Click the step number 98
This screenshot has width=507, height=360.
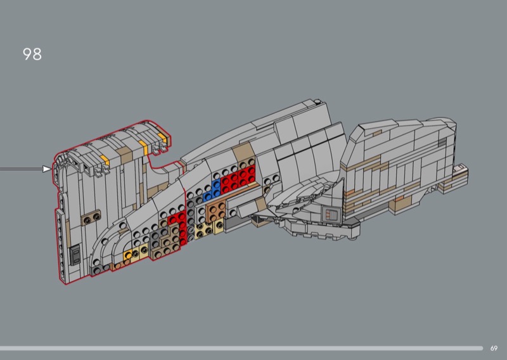click(x=32, y=55)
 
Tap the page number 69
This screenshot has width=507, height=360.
click(x=494, y=348)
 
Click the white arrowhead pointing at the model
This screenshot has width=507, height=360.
click(x=47, y=169)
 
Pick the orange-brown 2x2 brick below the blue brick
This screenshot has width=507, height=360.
click(x=217, y=212)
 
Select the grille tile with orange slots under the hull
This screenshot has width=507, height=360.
click(x=331, y=214)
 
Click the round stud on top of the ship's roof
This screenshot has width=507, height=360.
click(x=315, y=102)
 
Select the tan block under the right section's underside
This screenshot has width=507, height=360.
click(x=401, y=203)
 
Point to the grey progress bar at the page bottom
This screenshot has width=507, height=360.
click(x=241, y=348)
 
